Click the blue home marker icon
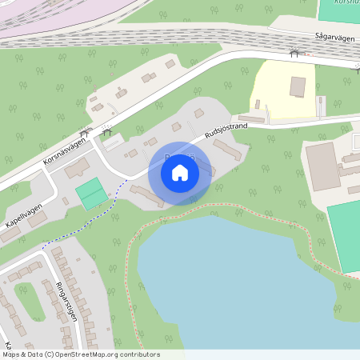point(180,172)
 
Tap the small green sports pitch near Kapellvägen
point(90,194)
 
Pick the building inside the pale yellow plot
point(298,86)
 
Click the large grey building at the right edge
point(322,167)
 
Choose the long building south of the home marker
point(146,194)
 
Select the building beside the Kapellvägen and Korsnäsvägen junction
point(78,170)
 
